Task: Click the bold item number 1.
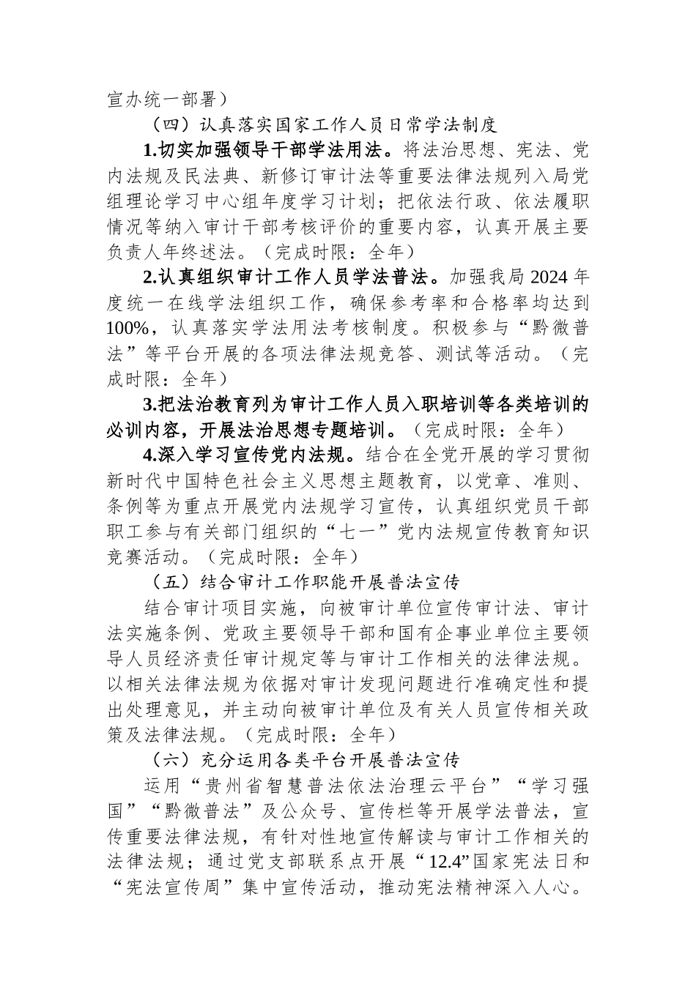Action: (x=150, y=151)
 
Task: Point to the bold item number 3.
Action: (x=150, y=405)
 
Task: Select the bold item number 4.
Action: (x=150, y=455)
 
